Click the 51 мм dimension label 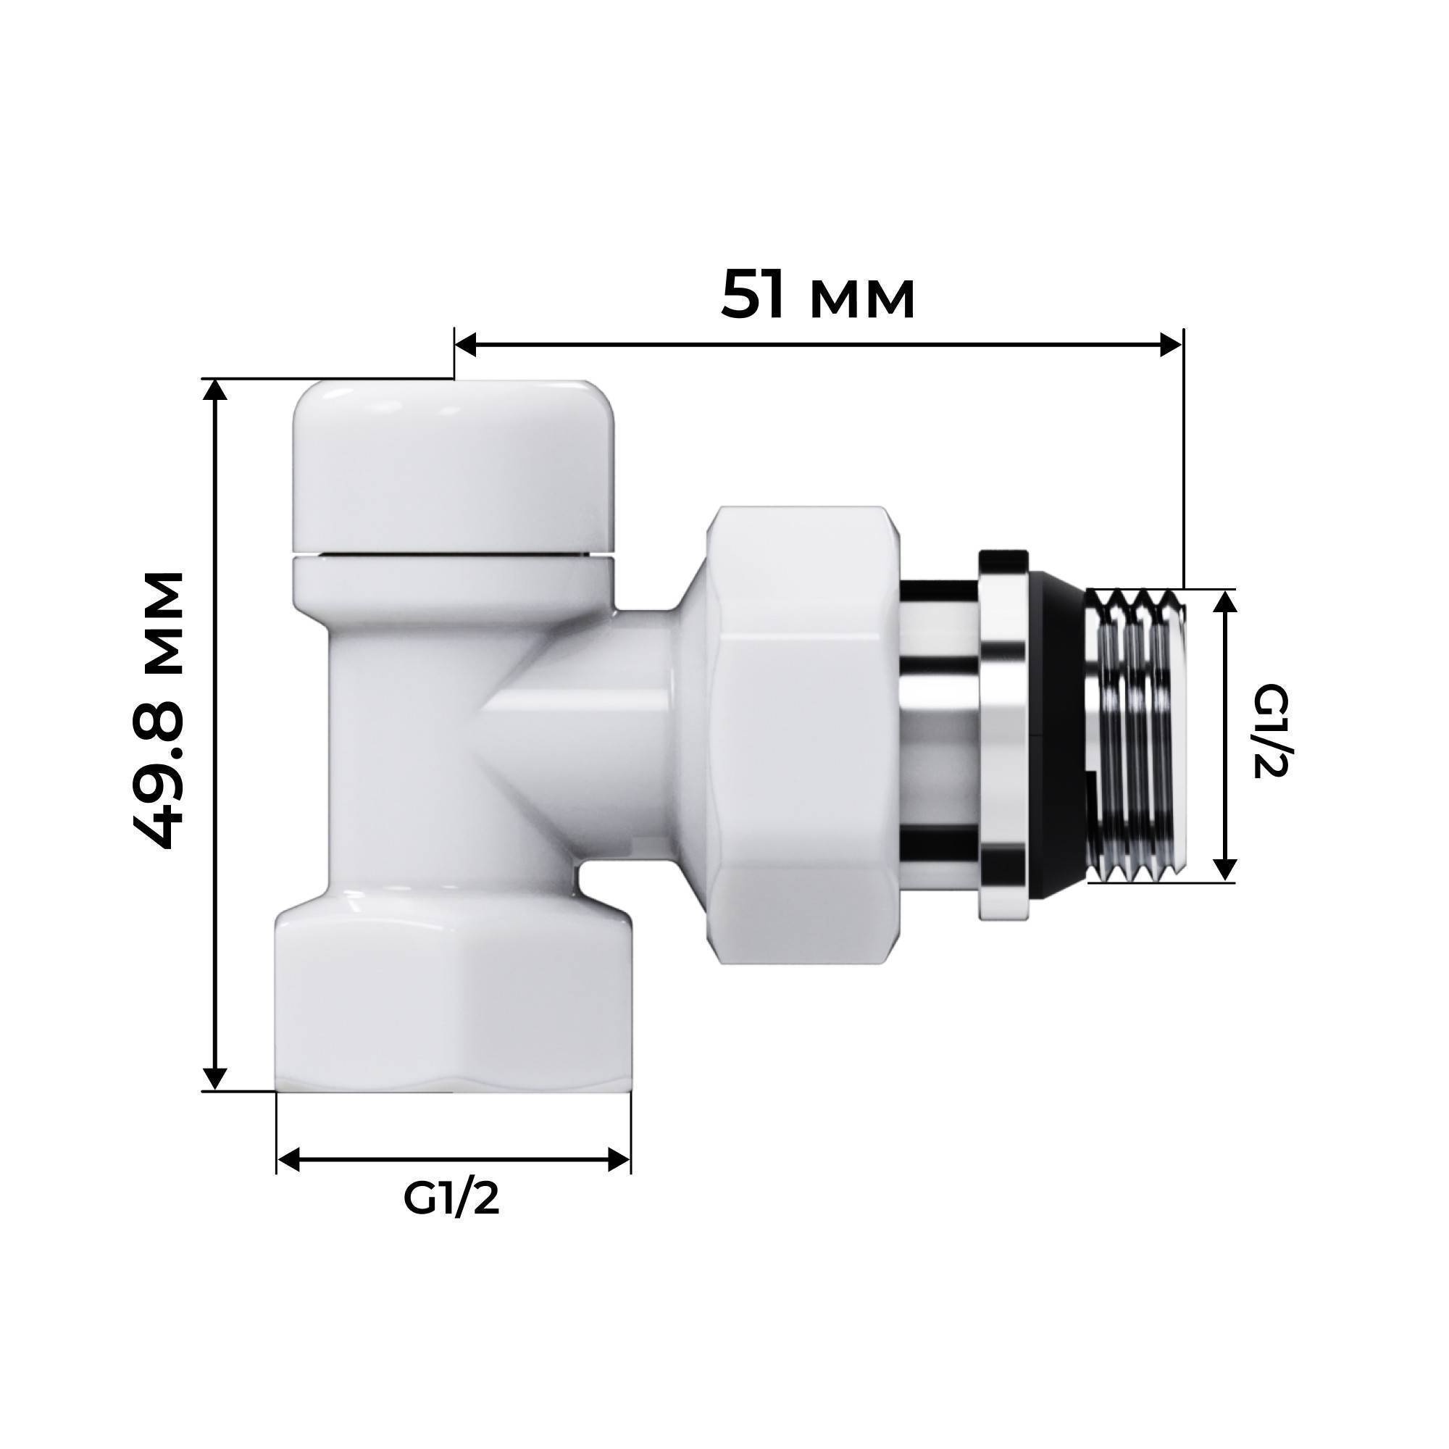pyautogui.click(x=817, y=295)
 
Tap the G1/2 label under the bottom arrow pyautogui.click(x=451, y=1199)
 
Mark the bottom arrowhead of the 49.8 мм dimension pyautogui.click(x=216, y=1078)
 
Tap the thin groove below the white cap pyautogui.click(x=454, y=556)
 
